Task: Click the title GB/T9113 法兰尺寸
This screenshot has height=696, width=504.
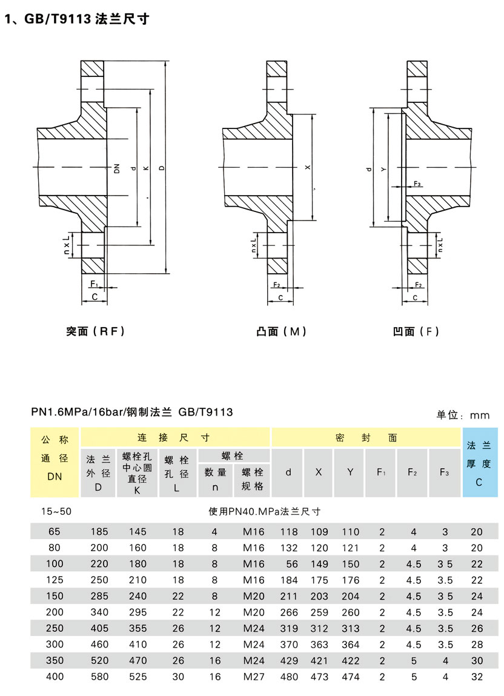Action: [x=77, y=19]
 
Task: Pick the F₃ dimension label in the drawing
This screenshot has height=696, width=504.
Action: [x=417, y=183]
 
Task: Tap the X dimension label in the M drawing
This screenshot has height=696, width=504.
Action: [x=307, y=167]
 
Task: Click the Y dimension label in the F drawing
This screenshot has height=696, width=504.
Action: [x=383, y=170]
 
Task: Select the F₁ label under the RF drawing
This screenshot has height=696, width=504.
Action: [x=94, y=283]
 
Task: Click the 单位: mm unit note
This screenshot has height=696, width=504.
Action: [x=463, y=416]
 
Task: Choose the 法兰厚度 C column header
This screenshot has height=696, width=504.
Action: [x=479, y=463]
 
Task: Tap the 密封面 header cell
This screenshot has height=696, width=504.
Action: [x=366, y=437]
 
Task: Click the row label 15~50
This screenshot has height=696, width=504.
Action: [x=56, y=511]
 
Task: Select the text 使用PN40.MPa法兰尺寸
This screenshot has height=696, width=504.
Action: [x=264, y=511]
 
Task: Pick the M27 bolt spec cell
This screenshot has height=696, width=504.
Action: [x=254, y=677]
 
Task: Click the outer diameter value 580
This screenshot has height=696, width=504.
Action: [x=99, y=677]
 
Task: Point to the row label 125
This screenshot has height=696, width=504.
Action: [x=56, y=580]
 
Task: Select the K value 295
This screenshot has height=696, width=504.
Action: [x=138, y=612]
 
